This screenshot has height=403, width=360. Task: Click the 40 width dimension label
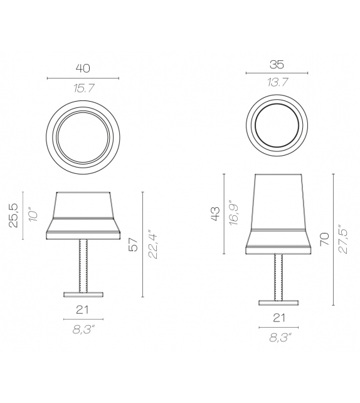[83, 68]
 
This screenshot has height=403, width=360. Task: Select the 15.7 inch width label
[83, 89]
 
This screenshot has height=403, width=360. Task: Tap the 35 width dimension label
[276, 63]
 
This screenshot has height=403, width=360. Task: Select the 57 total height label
[132, 244]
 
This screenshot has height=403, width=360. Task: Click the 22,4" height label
[151, 244]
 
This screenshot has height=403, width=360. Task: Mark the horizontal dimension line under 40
[83, 78]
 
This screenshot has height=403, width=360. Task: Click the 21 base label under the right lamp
[277, 318]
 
